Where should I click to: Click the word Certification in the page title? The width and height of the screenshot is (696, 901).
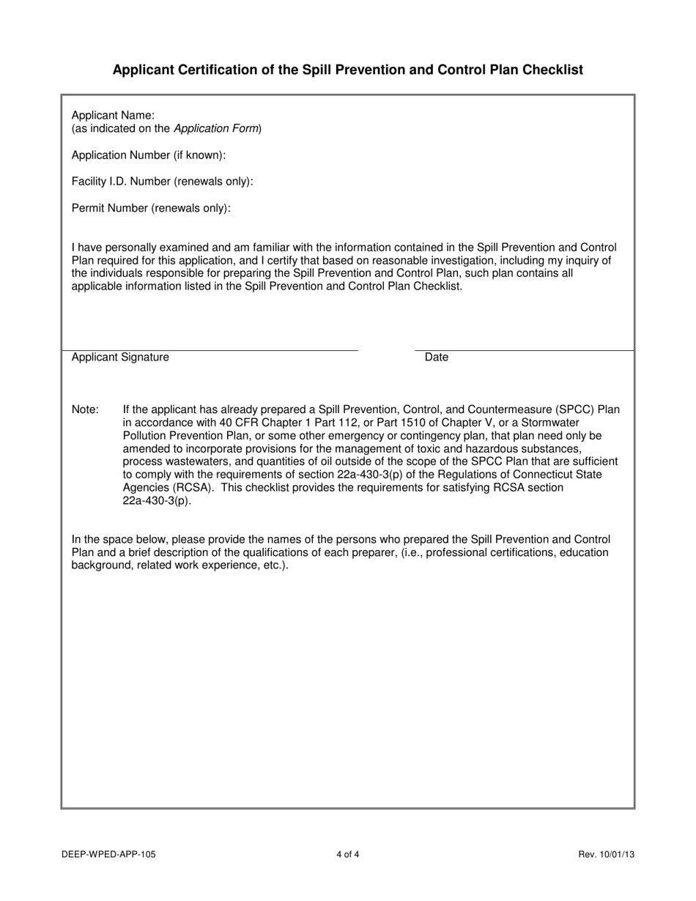coord(210,70)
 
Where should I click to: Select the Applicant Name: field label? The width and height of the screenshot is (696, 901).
coord(113,115)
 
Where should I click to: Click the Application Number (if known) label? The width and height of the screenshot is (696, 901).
coord(149,155)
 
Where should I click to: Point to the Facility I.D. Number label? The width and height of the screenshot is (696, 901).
coord(162,182)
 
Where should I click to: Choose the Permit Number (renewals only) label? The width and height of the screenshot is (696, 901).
coord(151,208)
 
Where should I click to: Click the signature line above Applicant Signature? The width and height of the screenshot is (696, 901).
coord(210,350)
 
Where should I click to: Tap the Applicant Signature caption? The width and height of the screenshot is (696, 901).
coord(120,357)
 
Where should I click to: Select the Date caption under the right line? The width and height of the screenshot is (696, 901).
coord(437,357)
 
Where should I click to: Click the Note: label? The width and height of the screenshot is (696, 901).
coord(85,410)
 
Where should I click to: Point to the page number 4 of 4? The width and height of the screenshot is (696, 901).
coord(348,854)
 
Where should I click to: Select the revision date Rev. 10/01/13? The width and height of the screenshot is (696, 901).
coord(607,854)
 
